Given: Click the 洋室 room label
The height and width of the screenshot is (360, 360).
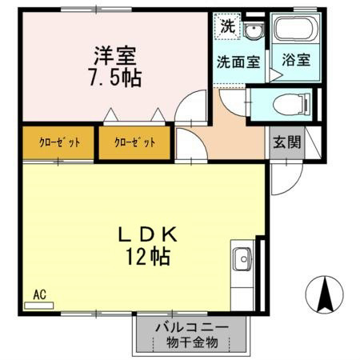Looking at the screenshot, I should [115, 57].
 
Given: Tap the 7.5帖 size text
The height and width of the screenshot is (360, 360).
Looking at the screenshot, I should [115, 79].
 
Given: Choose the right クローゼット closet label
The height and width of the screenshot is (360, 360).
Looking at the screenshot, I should [134, 142].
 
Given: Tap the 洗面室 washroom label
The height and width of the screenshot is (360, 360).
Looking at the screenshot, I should [238, 62].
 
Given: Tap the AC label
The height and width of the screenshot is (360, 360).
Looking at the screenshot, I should [39, 294].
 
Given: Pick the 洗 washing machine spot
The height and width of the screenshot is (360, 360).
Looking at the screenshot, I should [227, 25].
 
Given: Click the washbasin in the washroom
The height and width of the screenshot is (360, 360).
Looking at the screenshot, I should [254, 31].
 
